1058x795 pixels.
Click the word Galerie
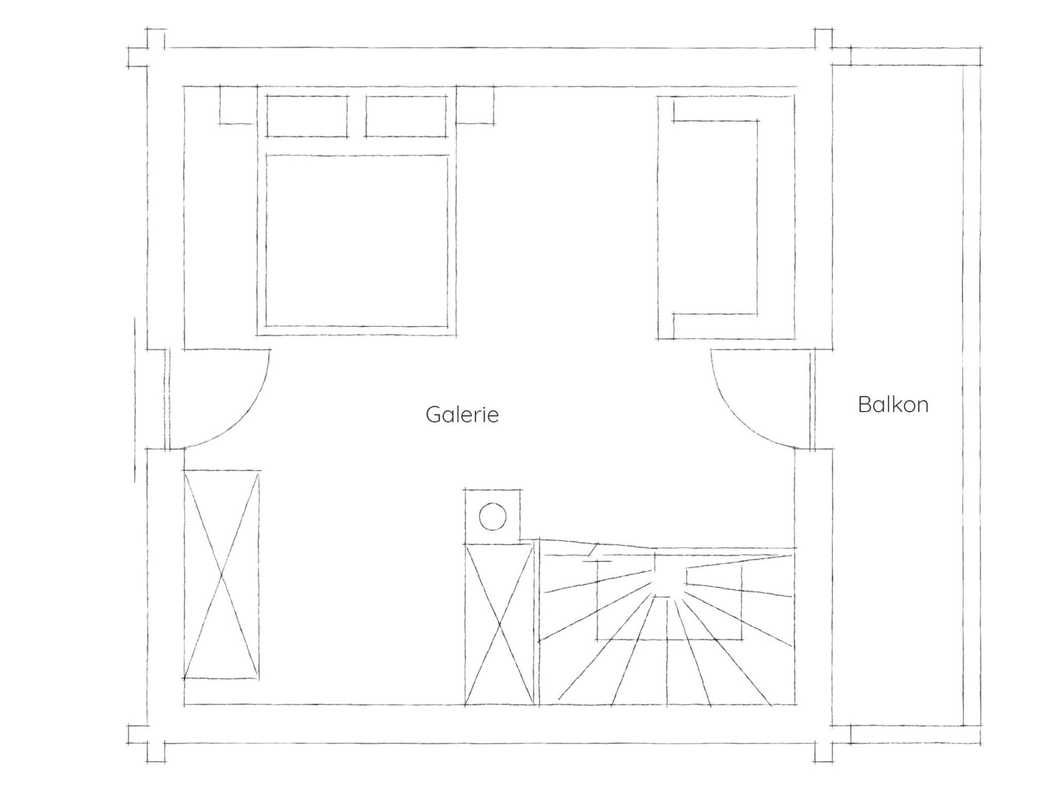[462, 415]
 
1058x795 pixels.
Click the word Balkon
[893, 404]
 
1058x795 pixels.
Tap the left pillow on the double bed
[307, 116]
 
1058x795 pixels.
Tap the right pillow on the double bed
[406, 116]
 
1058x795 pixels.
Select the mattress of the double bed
[356, 241]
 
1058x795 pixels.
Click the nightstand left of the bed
[238, 105]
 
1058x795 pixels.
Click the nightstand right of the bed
[475, 105]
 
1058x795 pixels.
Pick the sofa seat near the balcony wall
[715, 217]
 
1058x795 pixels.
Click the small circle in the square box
[492, 516]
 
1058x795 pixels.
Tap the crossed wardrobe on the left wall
[222, 574]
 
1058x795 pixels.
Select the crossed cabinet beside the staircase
[499, 624]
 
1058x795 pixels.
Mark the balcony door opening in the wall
[813, 399]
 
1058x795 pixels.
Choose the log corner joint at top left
[147, 48]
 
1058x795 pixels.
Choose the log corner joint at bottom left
[147, 744]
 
